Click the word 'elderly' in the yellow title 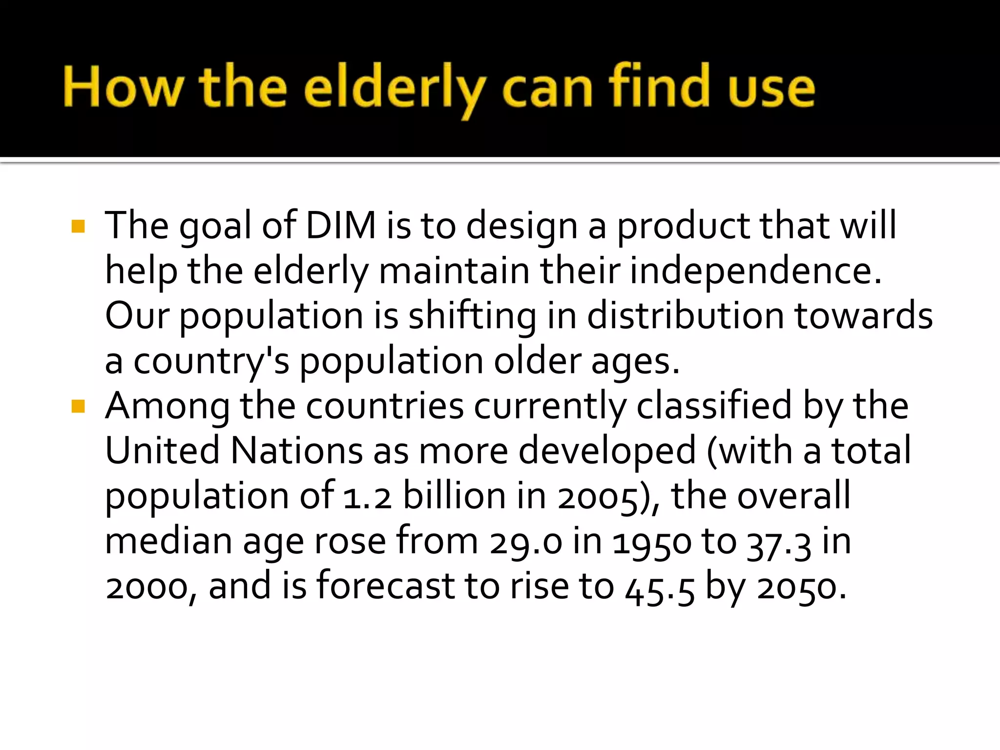point(395,89)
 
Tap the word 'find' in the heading point(659,87)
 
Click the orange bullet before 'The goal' point(78,226)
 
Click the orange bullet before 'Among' point(78,406)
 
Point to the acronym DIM point(341,226)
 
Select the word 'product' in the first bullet point(683,227)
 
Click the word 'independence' point(755,271)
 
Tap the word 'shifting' point(472,316)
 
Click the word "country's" point(211,362)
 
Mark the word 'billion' point(455,496)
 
